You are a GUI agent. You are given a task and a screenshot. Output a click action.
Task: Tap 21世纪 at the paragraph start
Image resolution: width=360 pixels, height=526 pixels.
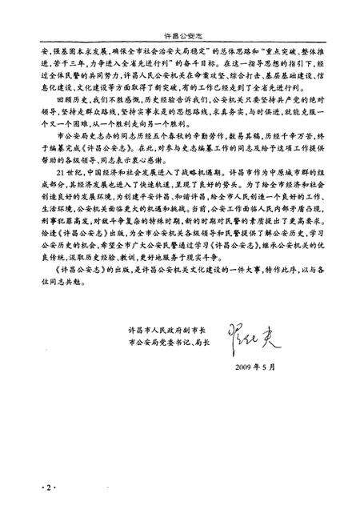click(x=62, y=197)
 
